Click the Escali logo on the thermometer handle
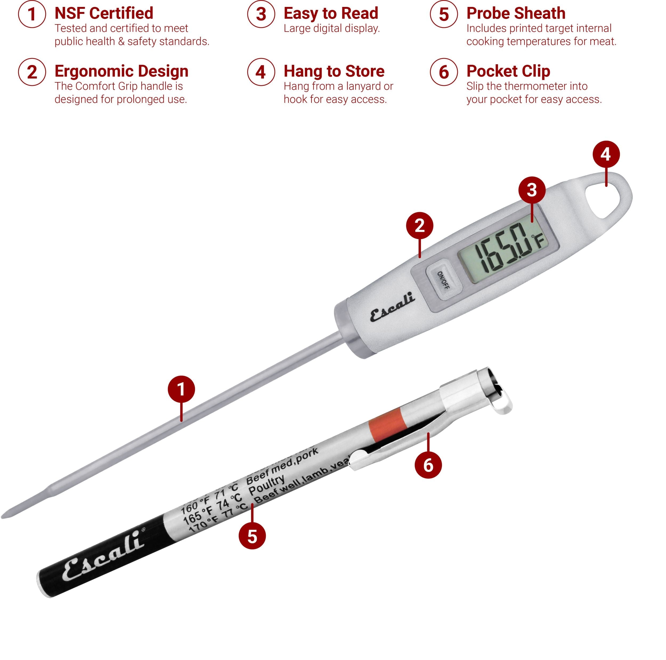point(392,306)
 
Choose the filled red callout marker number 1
point(181,389)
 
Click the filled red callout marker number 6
point(428,465)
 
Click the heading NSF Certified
point(104,13)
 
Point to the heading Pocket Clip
point(508,71)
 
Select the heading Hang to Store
point(334,71)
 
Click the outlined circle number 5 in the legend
point(444,14)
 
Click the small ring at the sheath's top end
point(502,406)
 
